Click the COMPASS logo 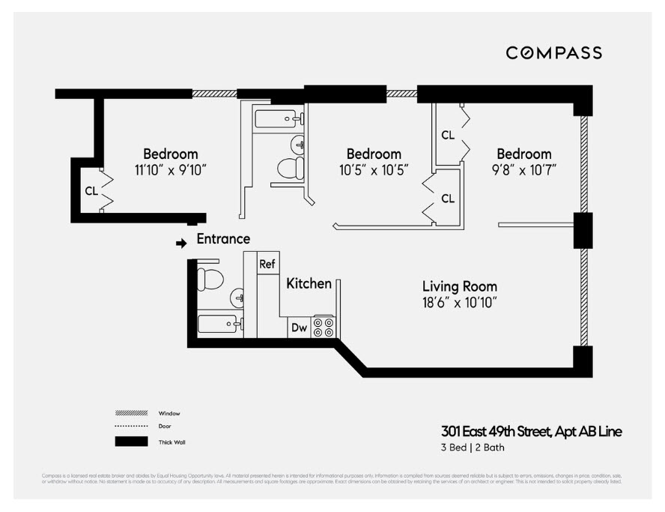coord(553,52)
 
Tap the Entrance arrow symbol coord(180,243)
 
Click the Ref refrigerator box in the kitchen coord(267,264)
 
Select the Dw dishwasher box coord(299,328)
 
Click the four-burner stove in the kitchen coord(324,327)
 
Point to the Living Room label coord(459,286)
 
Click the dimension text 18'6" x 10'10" coord(459,303)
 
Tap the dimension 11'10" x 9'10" coord(170,170)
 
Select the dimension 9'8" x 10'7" coord(523,170)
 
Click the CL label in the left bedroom coord(91,191)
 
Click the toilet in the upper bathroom coord(291,168)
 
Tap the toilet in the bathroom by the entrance coord(210,279)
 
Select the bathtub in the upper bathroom coord(278,118)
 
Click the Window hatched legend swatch coord(131,413)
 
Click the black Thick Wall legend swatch coord(131,442)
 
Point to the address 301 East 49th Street coord(530,431)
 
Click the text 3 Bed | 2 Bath coord(472,448)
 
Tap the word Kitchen coord(309,283)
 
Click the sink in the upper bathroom coord(298,143)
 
